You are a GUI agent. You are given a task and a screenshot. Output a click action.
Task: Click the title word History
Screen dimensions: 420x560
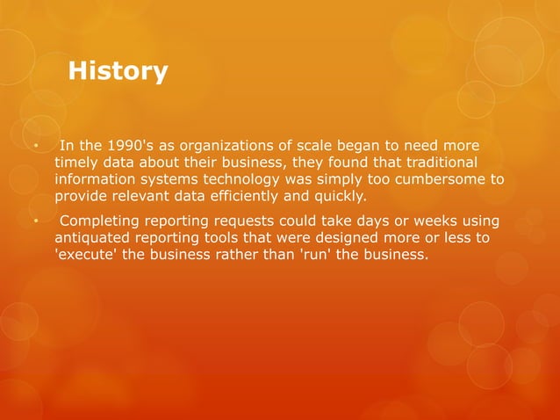coord(118,70)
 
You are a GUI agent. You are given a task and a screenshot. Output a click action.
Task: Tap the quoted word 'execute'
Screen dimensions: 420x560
coord(89,254)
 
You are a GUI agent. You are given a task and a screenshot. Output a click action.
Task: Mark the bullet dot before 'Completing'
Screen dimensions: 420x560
coord(35,221)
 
